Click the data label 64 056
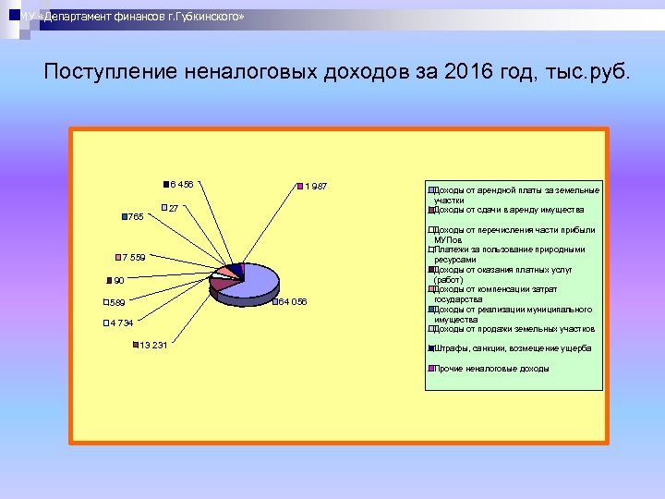(293, 302)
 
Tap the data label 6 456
(181, 184)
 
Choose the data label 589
(116, 302)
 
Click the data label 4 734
(120, 323)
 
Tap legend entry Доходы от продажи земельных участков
(514, 329)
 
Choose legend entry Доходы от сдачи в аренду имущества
(508, 210)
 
